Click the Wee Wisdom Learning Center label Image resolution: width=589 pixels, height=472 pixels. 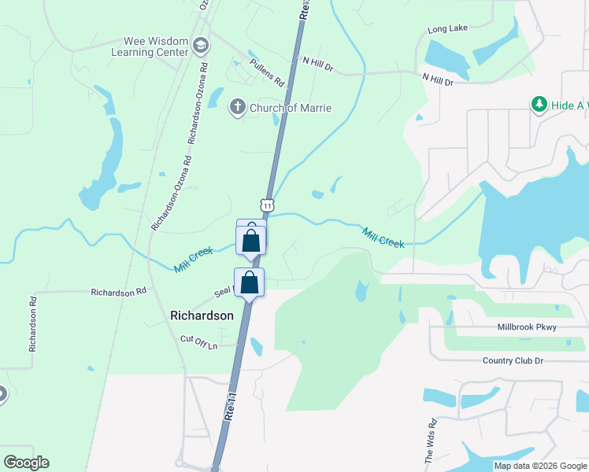(x=156, y=46)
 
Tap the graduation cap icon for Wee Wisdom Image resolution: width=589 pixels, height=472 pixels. (x=201, y=45)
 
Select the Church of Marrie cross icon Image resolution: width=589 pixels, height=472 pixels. (x=237, y=108)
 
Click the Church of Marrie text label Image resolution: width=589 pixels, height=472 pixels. (x=290, y=108)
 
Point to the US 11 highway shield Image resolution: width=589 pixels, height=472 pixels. (x=269, y=205)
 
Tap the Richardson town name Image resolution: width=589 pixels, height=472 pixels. (x=202, y=315)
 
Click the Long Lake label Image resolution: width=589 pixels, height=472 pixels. (x=447, y=29)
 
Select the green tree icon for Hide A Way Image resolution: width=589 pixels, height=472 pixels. (x=539, y=104)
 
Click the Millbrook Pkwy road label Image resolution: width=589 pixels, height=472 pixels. (x=530, y=326)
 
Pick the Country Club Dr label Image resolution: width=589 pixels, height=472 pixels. (x=513, y=360)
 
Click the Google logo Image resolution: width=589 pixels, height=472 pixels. (x=26, y=463)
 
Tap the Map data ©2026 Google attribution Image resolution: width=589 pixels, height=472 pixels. (x=540, y=466)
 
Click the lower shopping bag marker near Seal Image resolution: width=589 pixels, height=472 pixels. (x=249, y=282)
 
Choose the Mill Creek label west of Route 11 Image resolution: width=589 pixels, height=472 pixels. (x=194, y=260)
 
